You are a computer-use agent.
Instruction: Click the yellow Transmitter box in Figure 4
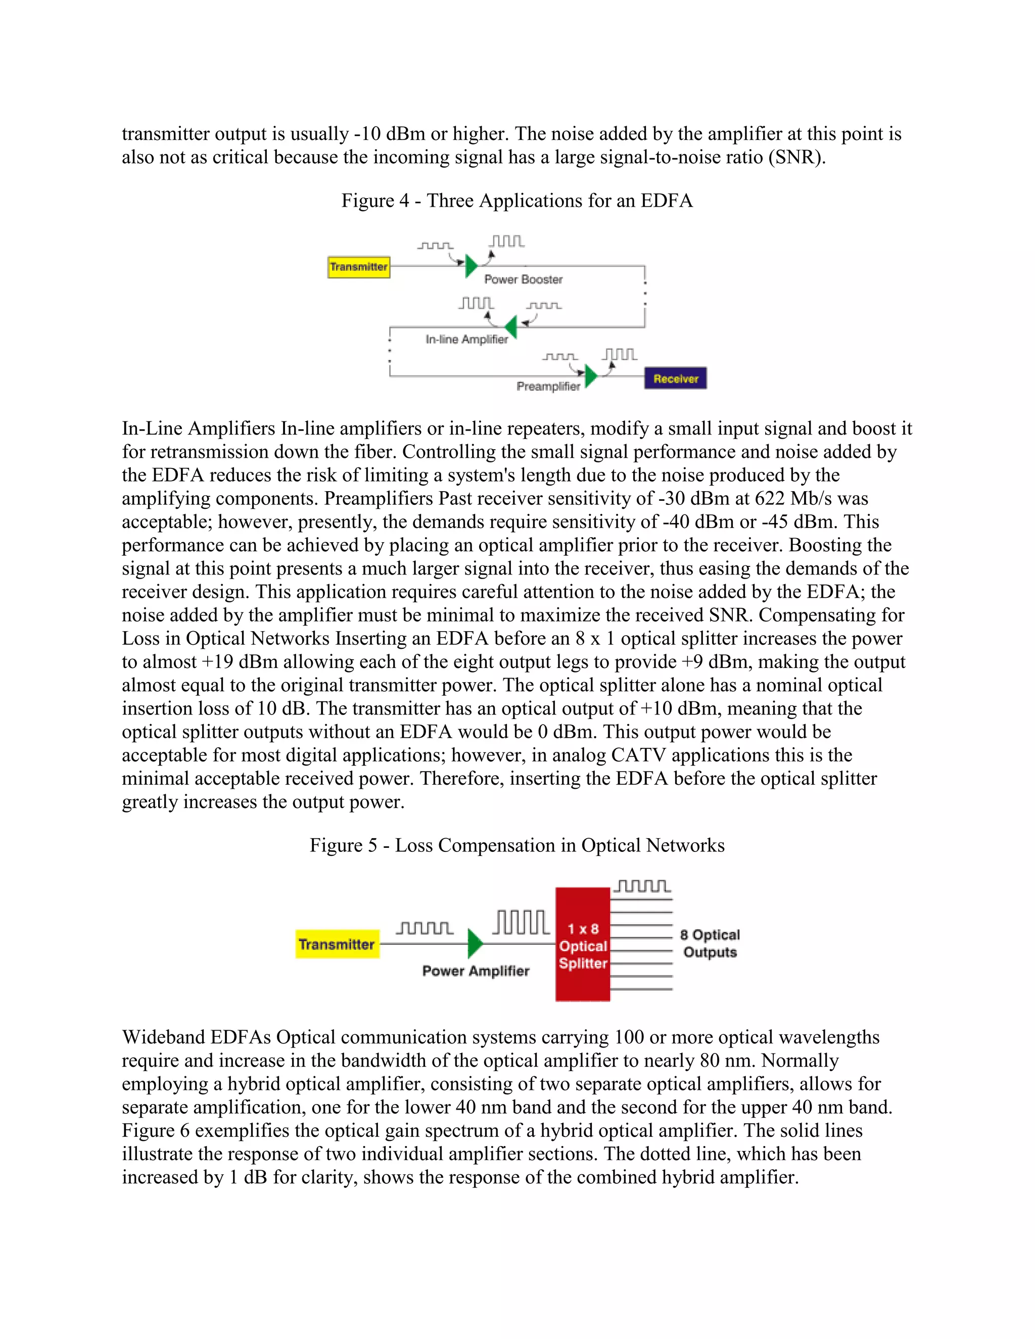click(359, 267)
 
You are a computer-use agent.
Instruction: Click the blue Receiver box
click(675, 378)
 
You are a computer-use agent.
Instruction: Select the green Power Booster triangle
click(471, 266)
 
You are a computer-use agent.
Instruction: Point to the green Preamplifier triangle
click(590, 376)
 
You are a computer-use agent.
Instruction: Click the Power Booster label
click(523, 279)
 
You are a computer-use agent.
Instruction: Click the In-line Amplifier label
click(466, 339)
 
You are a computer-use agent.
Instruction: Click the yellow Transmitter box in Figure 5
click(337, 944)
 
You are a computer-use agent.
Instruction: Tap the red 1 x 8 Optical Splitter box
click(583, 945)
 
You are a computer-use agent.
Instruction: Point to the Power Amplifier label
click(476, 971)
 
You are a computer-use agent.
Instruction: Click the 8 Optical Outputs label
click(710, 943)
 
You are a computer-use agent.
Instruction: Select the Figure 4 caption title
click(517, 201)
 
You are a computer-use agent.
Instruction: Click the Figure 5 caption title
click(517, 845)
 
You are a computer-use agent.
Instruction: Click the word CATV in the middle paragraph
click(638, 755)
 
